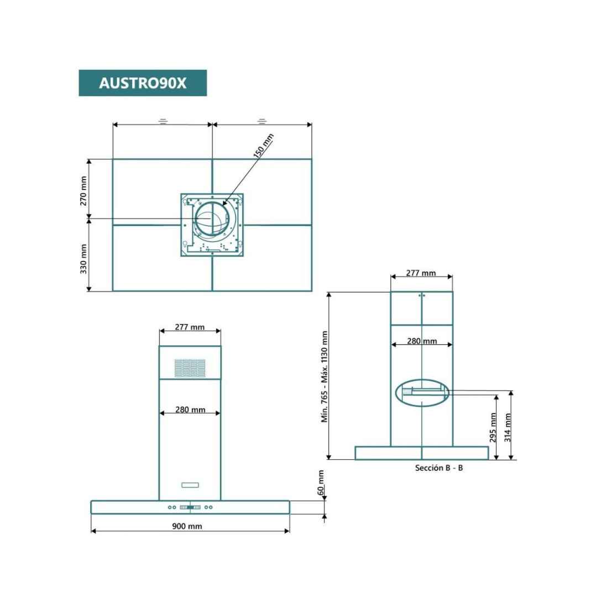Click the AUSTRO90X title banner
(143, 83)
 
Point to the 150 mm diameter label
(264, 145)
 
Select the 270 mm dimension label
(83, 191)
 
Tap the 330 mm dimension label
(83, 259)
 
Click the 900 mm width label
(187, 526)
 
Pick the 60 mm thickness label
(321, 483)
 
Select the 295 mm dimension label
(493, 427)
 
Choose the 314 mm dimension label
(507, 427)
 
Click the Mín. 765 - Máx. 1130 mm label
(324, 377)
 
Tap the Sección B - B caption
(438, 468)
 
